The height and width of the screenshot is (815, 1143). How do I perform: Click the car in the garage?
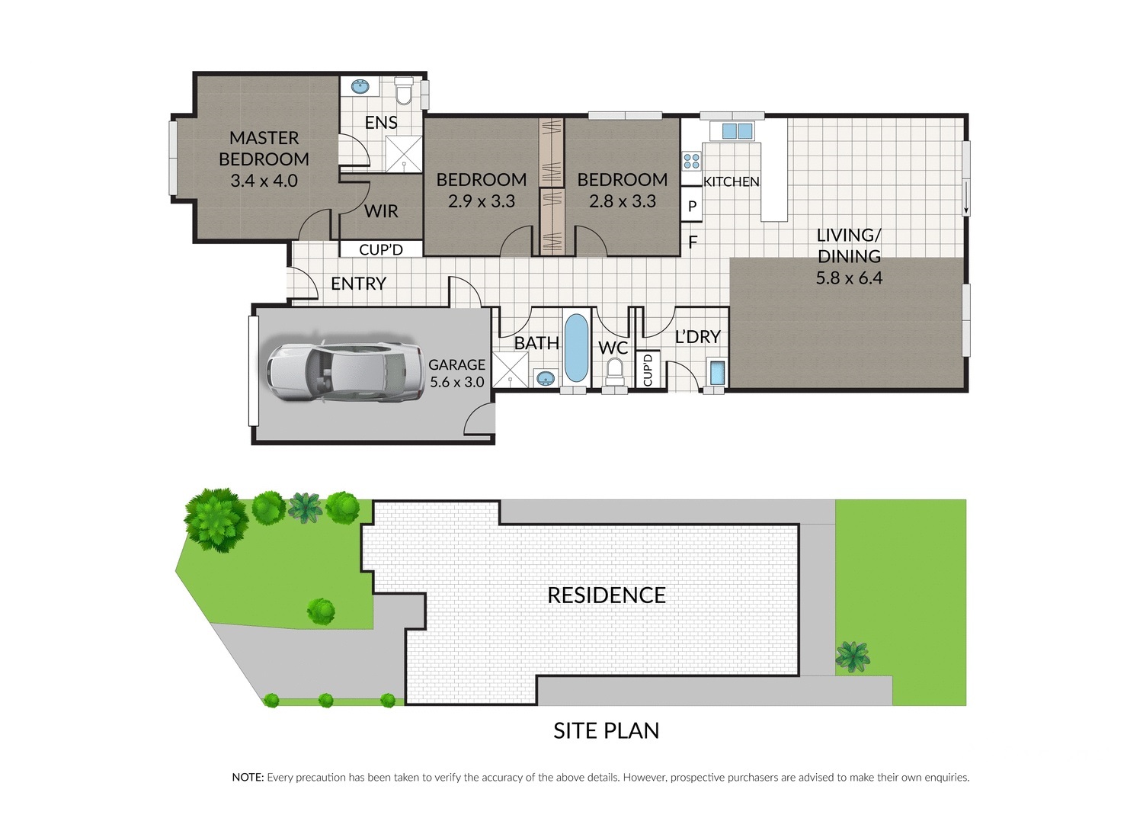pos(345,372)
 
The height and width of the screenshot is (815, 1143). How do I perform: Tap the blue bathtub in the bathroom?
pos(577,348)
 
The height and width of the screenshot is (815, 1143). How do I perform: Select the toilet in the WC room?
pos(615,372)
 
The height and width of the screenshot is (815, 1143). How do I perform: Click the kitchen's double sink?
pos(738,131)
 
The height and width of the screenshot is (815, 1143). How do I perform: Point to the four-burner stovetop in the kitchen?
pos(692,162)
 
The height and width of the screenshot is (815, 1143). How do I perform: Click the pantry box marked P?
pos(692,206)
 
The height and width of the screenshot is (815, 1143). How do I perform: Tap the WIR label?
pos(381,211)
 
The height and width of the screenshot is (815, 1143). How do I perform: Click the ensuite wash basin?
pos(360,86)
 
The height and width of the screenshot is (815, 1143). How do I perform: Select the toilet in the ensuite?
pos(404,91)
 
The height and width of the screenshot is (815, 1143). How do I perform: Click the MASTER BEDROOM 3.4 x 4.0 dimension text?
pos(264,181)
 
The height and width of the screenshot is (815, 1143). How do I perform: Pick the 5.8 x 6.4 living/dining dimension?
pos(849,278)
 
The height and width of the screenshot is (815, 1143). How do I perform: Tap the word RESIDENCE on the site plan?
pos(607,595)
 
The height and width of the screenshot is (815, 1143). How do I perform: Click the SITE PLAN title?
pos(607,730)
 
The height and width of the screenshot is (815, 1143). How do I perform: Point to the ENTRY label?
pos(358,284)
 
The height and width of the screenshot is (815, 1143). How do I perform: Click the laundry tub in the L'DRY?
pos(717,372)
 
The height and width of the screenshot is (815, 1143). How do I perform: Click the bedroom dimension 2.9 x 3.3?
pos(481,201)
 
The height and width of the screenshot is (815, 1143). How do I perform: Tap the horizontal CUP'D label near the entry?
pos(381,250)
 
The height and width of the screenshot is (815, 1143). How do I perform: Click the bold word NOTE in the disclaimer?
pos(248,778)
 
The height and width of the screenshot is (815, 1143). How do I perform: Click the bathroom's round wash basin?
pos(545,378)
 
